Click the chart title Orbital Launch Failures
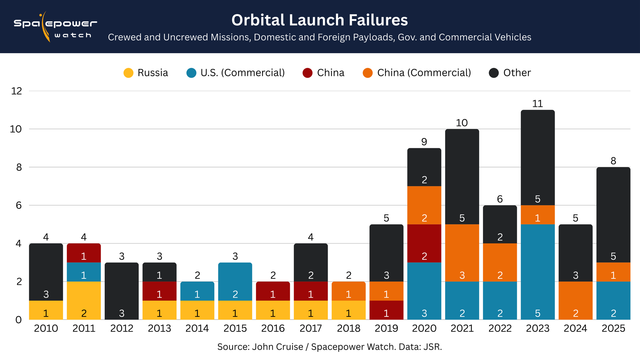point(319,20)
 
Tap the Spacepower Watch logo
point(55,27)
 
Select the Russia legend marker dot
point(128,73)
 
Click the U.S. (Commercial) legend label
point(243,73)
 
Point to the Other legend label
point(517,73)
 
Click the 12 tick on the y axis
point(17,91)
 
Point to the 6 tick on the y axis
point(19,205)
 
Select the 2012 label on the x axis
point(122,328)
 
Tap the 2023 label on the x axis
point(538,328)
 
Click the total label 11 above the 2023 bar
point(538,104)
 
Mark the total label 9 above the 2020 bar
point(424,142)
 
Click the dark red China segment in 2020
point(424,243)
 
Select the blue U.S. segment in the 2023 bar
point(538,272)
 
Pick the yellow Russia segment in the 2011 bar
point(84,300)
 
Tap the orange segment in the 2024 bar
point(575,300)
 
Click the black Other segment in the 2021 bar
point(462,176)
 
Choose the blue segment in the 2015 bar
point(235,282)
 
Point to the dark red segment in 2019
point(386,310)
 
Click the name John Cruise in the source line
point(277,347)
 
